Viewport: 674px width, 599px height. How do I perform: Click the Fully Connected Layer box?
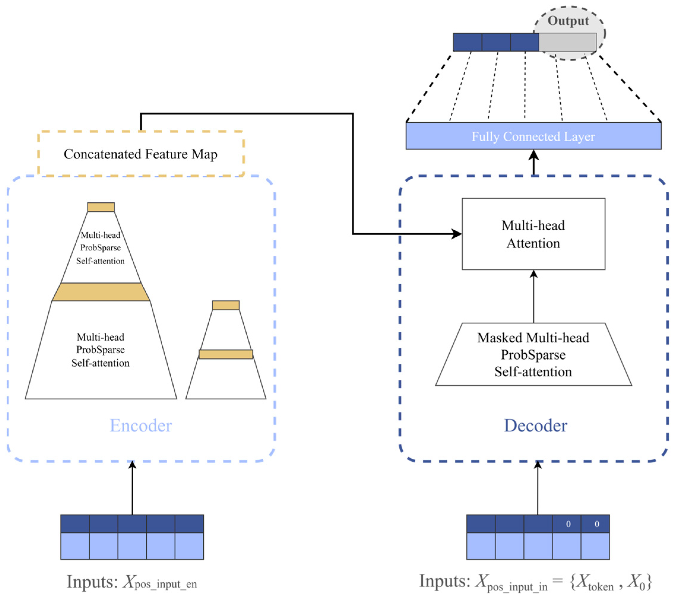coord(533,136)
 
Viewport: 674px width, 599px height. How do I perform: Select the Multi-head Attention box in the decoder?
coord(533,234)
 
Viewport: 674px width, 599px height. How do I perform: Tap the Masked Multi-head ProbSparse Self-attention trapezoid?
coord(533,355)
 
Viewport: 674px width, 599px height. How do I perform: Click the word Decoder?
coord(535,426)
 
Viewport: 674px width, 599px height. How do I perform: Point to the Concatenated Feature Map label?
coord(140,154)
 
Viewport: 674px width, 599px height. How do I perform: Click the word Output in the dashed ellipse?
coord(568,21)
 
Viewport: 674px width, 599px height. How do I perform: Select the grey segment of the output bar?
coord(567,42)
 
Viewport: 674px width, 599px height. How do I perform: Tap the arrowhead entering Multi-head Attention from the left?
coord(457,234)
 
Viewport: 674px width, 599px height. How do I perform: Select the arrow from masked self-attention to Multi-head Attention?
coord(534,297)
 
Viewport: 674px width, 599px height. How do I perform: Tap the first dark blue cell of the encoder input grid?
coord(75,524)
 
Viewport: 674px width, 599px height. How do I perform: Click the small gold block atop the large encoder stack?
coord(101,207)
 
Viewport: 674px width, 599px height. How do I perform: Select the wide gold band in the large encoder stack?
coord(101,292)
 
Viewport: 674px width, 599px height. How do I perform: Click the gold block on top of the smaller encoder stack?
coord(226,305)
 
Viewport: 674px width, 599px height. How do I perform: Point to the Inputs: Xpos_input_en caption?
coord(132,582)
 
